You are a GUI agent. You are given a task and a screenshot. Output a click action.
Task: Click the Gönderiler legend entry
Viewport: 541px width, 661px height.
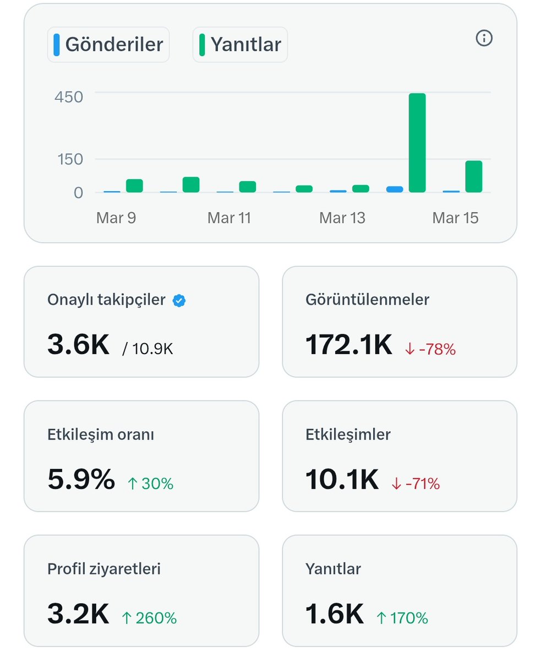108,45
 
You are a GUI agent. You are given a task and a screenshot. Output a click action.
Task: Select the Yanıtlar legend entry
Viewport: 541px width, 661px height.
240,45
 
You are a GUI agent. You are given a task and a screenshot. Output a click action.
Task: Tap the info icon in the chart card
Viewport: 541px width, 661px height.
484,38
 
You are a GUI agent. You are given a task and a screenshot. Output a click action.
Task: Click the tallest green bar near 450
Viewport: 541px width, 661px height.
417,143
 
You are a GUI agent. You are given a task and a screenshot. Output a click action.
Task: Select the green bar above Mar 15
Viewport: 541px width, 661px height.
473,176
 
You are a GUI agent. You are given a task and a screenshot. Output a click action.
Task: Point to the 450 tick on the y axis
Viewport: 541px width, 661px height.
69,97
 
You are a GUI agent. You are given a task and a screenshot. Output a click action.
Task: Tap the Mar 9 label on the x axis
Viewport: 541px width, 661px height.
116,218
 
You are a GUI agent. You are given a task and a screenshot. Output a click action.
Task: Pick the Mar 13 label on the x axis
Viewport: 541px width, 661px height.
342,218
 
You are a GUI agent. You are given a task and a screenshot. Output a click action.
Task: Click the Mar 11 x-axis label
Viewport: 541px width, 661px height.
229,218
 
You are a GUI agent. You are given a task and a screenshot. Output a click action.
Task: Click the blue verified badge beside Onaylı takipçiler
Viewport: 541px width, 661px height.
179,300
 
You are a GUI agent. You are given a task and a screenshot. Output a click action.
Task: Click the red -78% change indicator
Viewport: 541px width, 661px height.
430,349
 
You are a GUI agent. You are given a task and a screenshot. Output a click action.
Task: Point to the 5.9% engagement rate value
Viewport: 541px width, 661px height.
81,479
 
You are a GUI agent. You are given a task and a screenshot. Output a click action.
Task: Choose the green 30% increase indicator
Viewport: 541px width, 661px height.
150,484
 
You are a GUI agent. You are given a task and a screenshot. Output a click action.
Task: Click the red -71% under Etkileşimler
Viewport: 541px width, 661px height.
416,484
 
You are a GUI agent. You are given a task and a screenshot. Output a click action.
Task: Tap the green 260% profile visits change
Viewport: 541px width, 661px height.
149,618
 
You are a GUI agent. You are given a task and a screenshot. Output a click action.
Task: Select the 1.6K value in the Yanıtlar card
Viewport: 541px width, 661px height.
335,614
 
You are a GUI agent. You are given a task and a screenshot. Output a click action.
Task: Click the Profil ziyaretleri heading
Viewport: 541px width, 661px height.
104,568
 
